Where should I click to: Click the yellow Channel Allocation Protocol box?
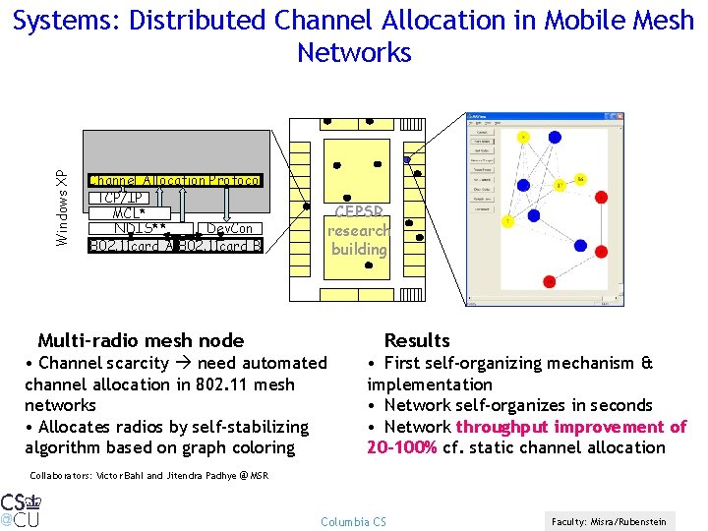coord(175,180)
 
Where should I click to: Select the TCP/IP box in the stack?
coord(124,197)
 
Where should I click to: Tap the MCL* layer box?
coord(129,212)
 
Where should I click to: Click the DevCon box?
coord(229,229)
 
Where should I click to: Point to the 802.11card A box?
coord(131,245)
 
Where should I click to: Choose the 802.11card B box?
coord(221,245)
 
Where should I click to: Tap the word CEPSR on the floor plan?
coord(358,211)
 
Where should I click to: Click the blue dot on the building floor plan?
coord(408,159)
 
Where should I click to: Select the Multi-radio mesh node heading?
coord(141,341)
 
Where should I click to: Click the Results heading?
coord(417,340)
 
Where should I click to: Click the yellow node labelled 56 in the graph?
coord(580,179)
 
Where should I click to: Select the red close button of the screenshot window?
coord(619,117)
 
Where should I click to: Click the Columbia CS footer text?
coord(354,521)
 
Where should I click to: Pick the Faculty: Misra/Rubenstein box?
coord(609,521)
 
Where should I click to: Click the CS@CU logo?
coord(21,508)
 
